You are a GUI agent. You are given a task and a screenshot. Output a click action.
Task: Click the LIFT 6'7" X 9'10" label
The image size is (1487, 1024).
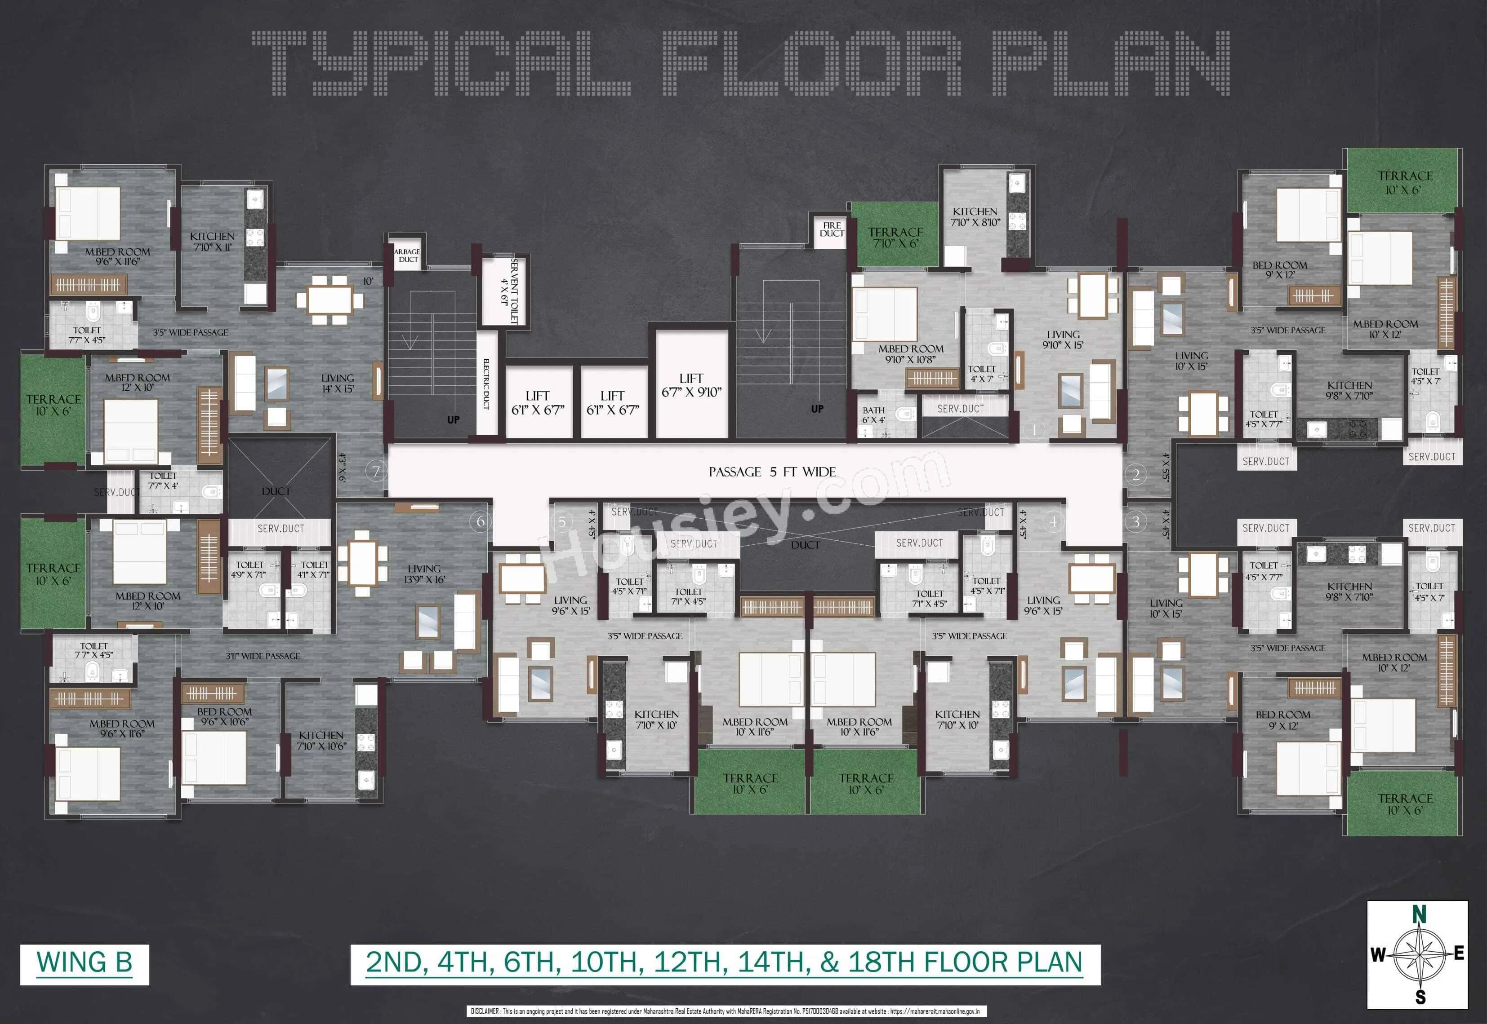[691, 385]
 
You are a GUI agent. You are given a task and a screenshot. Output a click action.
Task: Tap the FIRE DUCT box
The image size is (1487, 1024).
[832, 229]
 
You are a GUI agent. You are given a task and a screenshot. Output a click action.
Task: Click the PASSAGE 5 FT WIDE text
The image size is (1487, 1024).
[772, 472]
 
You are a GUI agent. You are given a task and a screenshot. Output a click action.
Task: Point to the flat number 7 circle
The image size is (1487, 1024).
[377, 472]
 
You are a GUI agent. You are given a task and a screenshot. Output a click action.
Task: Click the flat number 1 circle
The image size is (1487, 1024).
[1034, 429]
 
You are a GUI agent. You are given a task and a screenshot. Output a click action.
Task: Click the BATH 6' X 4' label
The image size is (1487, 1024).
[873, 415]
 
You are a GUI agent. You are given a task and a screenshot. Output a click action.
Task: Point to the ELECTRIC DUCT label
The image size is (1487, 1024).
[487, 384]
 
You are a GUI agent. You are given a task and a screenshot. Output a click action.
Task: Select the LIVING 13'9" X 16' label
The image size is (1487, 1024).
[424, 574]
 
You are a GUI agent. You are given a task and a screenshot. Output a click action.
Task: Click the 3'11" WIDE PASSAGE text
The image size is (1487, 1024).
[263, 656]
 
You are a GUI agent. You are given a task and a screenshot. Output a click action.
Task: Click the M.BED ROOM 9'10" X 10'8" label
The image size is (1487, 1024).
[910, 353]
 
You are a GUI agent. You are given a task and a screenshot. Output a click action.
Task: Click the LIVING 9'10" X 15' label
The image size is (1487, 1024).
[1063, 340]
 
